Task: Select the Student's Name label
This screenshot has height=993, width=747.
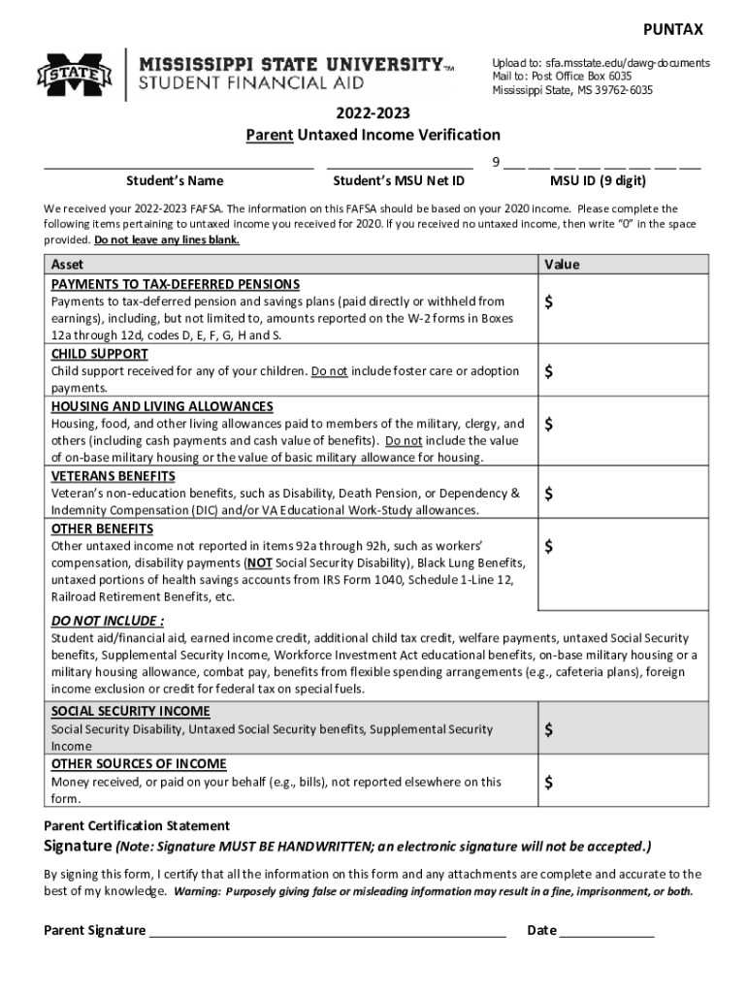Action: pyautogui.click(x=175, y=180)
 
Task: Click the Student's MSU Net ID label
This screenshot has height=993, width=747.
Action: pyautogui.click(x=399, y=180)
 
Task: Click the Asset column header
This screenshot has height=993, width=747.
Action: pyautogui.click(x=67, y=265)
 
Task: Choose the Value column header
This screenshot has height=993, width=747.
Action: pyautogui.click(x=562, y=265)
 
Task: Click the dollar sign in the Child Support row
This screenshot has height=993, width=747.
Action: pyautogui.click(x=550, y=371)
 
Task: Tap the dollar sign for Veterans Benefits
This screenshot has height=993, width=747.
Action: pyautogui.click(x=550, y=494)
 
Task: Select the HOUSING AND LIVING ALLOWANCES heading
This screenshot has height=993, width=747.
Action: pyautogui.click(x=162, y=406)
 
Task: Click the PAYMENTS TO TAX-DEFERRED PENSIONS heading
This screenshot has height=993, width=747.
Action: pyautogui.click(x=176, y=284)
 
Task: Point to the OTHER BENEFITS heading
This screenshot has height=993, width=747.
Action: pyautogui.click(x=102, y=529)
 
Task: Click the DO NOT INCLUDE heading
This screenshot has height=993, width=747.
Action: pyautogui.click(x=107, y=621)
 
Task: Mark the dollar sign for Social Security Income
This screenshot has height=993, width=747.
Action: pyautogui.click(x=550, y=729)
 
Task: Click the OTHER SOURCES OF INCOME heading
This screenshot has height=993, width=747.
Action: pyautogui.click(x=139, y=764)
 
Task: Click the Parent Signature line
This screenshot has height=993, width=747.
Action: pyautogui.click(x=326, y=932)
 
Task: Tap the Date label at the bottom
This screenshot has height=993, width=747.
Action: pyautogui.click(x=541, y=931)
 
